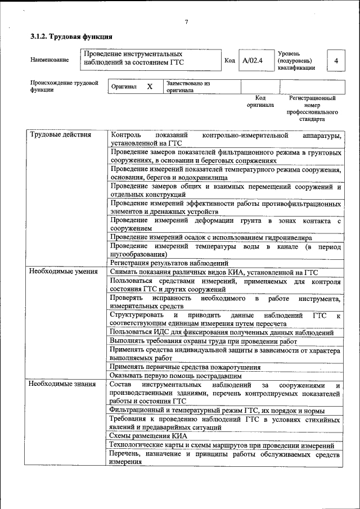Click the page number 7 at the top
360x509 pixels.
tap(186, 22)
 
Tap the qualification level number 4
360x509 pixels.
tap(336, 61)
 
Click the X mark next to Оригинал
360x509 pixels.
tap(150, 87)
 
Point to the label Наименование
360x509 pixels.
tap(50, 60)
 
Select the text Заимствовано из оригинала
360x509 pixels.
tap(188, 87)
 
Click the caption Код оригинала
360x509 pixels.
tap(260, 101)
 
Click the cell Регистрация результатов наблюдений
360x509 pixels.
tap(169, 263)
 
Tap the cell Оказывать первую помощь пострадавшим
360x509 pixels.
tap(175, 375)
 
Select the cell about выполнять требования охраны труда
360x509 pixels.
tap(203, 341)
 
